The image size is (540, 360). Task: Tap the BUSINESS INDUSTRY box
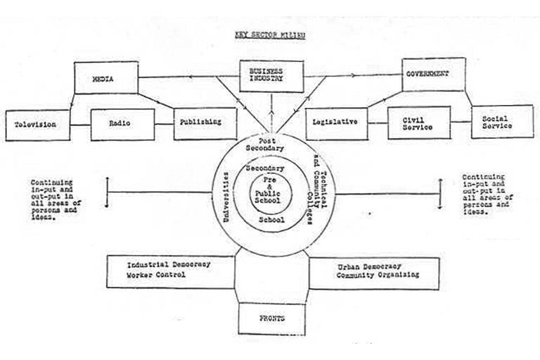click(271, 76)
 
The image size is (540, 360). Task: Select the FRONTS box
click(271, 319)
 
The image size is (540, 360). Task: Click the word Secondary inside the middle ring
click(265, 169)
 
